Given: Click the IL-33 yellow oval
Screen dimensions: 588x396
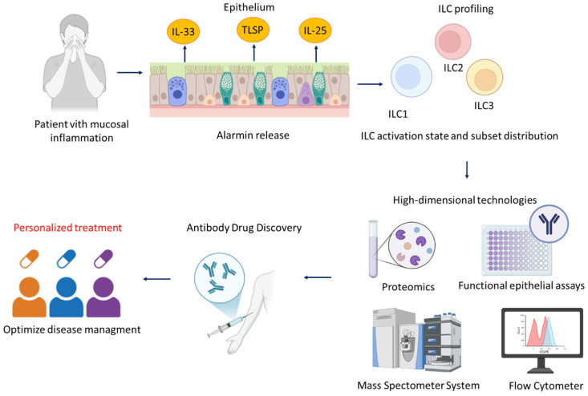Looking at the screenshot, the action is (183, 31).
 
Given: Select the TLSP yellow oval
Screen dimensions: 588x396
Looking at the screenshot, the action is (253, 30).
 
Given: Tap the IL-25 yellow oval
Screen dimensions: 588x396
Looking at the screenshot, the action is (315, 30).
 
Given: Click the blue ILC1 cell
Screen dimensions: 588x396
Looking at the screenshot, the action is (412, 77).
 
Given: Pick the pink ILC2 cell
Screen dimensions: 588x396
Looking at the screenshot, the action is (452, 41).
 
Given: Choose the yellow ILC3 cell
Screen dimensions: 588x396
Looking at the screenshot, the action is (485, 78).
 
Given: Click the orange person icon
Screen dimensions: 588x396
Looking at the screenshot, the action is (29, 297).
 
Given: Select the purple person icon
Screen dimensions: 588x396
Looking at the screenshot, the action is (103, 297).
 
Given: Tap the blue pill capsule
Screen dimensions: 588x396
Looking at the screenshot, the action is (67, 258).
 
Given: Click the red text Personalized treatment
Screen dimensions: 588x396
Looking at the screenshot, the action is (68, 228).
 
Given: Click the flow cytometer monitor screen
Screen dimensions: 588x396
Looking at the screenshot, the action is (542, 333).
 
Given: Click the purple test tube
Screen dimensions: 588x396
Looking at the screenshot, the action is (373, 249).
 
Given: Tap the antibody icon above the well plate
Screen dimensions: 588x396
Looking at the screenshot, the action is (549, 224).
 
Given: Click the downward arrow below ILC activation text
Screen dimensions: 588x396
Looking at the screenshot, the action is (467, 170).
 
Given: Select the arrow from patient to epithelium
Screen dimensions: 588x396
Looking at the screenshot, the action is (130, 73).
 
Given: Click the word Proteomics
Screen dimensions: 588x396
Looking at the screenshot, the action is (408, 287).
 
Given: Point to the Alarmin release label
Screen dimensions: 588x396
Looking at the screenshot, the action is (253, 135).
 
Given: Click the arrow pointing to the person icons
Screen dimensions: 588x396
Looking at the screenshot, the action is (156, 279).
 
